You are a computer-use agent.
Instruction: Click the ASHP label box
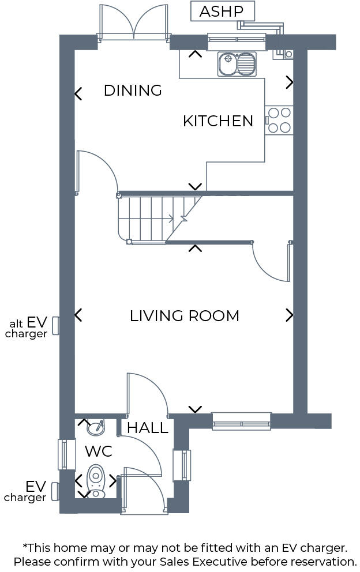[222, 11]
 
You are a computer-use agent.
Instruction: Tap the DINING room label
[133, 91]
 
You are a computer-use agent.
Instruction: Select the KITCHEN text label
[218, 121]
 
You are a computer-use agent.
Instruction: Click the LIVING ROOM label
[185, 316]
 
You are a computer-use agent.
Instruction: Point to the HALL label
[148, 428]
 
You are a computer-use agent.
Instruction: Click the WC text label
[99, 450]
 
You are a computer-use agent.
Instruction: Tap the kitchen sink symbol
[237, 64]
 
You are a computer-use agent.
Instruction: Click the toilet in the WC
[96, 480]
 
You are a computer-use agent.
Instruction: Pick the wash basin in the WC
[96, 428]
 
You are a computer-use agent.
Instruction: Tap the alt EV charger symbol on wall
[56, 325]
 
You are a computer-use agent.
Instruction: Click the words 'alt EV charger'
[28, 328]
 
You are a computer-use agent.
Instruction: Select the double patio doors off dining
[134, 23]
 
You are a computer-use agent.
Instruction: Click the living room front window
[241, 422]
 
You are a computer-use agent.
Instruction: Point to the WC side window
[67, 454]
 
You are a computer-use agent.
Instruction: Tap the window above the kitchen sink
[237, 39]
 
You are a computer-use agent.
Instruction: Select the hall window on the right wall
[182, 465]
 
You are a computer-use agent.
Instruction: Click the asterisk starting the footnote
[25, 546]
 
